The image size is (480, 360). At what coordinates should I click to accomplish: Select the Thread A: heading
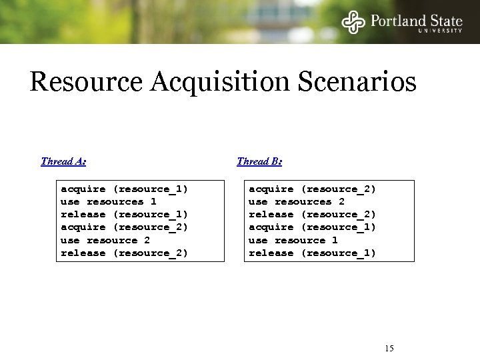coord(63,161)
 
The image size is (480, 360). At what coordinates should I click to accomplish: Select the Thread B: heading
coord(259,161)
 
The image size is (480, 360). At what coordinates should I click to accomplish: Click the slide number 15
coord(389,349)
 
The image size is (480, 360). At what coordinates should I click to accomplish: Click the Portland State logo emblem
coord(354,22)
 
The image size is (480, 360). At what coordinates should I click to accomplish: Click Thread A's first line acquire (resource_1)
coord(124,189)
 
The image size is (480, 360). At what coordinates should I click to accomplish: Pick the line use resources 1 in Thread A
coord(108,202)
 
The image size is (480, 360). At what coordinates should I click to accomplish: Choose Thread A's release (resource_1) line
coord(124,215)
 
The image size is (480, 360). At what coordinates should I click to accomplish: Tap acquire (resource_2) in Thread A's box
coord(124,227)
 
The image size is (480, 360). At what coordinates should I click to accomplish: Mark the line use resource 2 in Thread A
coord(105,240)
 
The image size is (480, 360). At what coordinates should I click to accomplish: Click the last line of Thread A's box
coord(124,253)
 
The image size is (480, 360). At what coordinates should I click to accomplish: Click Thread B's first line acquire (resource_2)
coord(312,189)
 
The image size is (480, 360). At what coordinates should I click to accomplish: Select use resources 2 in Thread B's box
coord(296,202)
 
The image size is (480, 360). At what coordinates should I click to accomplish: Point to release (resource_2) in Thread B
coord(312,215)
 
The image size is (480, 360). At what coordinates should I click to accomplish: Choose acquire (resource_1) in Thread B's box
coord(312,227)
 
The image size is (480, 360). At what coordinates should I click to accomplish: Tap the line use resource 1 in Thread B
coord(293,240)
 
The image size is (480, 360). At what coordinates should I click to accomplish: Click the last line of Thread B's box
coord(312,253)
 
